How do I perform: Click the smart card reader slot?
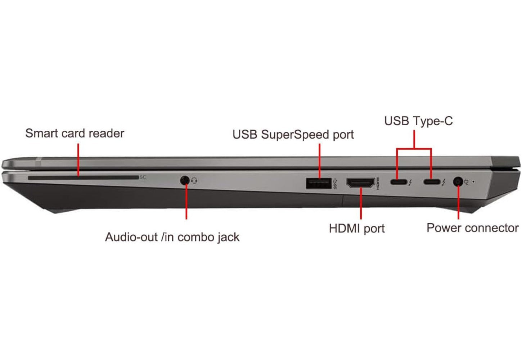[x=83, y=178]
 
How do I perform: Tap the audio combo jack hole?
[x=185, y=180]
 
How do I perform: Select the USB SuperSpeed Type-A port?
[x=319, y=183]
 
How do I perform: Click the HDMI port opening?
[x=360, y=183]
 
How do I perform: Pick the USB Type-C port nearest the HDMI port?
[x=399, y=182]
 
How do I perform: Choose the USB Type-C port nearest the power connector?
[x=432, y=182]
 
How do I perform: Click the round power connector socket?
[x=458, y=181]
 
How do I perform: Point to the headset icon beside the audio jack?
[x=194, y=180]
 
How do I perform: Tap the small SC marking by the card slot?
[x=143, y=177]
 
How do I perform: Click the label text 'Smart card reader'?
[x=75, y=134]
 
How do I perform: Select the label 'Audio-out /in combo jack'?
[x=172, y=237]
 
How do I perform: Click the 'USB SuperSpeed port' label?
[x=293, y=135]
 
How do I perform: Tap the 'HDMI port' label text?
[x=357, y=229]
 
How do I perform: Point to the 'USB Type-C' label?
[x=419, y=121]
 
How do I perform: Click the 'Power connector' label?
[x=473, y=228]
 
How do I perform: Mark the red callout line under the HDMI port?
[x=361, y=203]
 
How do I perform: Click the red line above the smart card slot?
[x=78, y=160]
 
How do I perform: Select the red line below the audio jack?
[x=186, y=201]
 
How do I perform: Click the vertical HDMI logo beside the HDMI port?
[x=378, y=183]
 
